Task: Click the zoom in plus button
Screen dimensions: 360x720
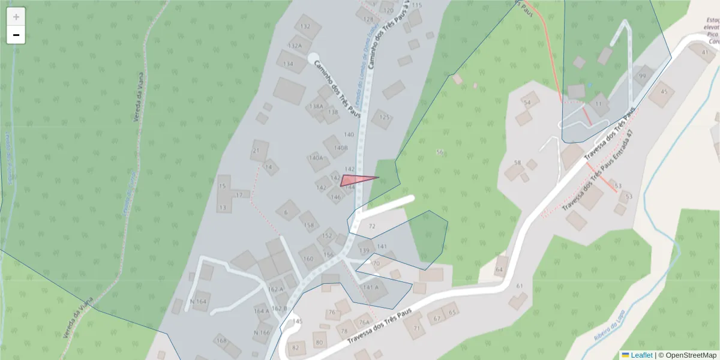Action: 16,17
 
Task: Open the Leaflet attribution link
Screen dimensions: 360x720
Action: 641,355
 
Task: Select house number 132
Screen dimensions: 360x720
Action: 306,26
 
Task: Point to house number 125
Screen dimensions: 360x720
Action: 385,117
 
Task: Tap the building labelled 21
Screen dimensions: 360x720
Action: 257,150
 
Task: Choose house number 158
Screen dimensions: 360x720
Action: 309,226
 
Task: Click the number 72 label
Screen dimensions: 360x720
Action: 372,226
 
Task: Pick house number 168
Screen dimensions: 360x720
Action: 221,341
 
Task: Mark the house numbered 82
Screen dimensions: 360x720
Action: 295,347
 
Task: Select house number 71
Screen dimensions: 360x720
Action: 416,328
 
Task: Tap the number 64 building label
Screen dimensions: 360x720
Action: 499,270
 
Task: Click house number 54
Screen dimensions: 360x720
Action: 527,103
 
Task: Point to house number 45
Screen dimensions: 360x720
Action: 663,92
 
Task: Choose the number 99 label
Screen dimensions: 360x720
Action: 643,76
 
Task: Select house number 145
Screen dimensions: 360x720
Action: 297,322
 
